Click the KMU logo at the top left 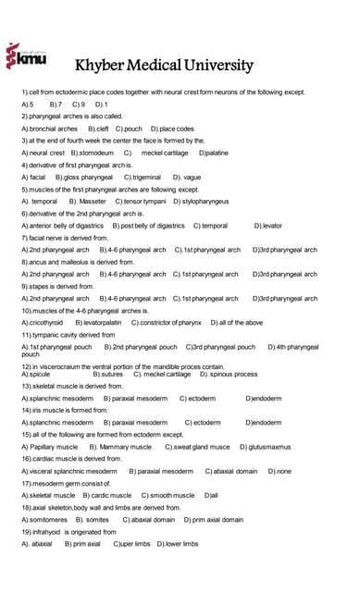click(25, 57)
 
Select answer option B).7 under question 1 click(56, 105)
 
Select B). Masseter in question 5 click(88, 200)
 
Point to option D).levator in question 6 click(268, 225)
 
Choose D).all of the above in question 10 click(236, 322)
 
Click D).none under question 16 click(279, 471)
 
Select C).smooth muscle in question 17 click(168, 495)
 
